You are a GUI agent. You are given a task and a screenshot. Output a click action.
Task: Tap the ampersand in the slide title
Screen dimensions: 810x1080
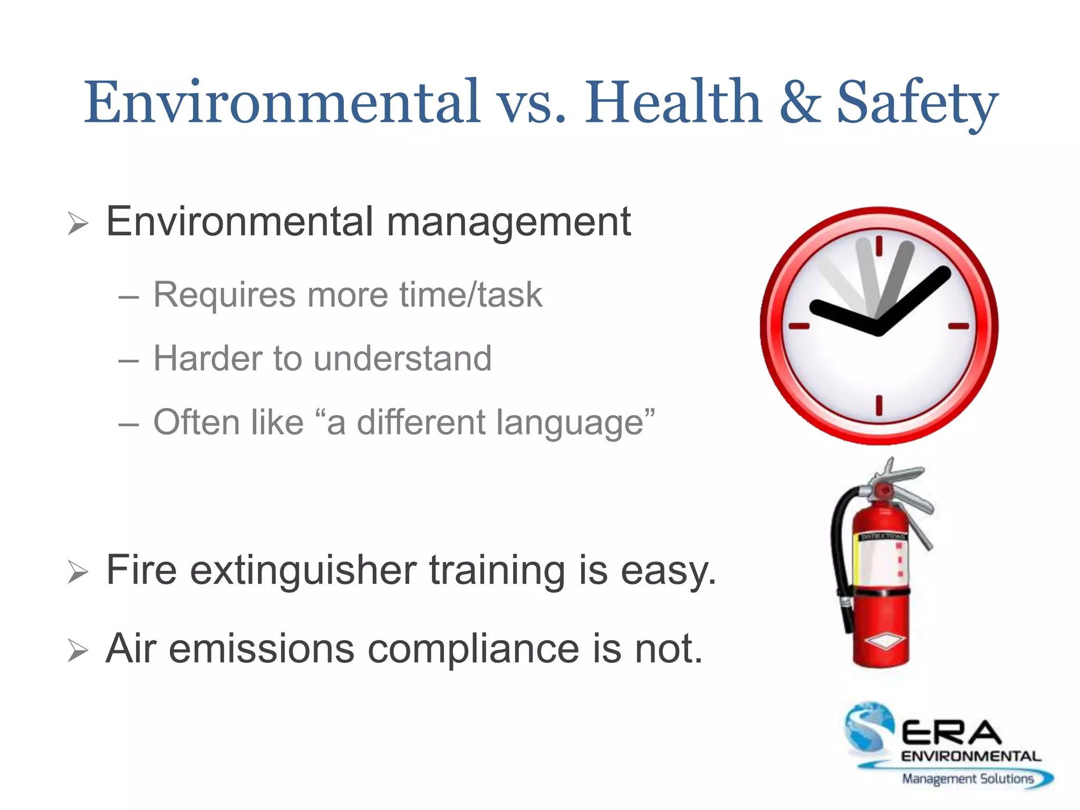800,102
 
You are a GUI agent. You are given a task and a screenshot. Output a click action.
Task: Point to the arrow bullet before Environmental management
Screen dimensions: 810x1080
78,224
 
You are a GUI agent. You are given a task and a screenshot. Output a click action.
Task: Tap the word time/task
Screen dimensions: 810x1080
470,295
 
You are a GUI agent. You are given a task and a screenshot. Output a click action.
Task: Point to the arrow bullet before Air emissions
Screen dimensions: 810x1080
78,651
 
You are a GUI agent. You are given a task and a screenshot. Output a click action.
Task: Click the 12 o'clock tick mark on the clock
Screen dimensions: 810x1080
879,246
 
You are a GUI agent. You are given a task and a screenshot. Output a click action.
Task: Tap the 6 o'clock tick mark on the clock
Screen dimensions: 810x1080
879,406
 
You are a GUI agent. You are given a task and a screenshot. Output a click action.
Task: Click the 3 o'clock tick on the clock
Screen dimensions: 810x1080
959,326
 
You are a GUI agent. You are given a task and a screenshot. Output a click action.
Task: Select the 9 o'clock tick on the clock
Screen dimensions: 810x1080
799,326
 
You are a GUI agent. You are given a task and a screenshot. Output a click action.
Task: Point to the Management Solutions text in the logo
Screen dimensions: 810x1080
967,779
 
